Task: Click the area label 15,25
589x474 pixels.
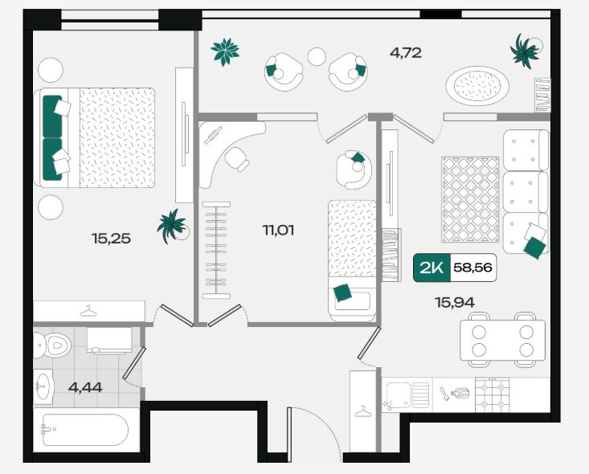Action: [x=111, y=238]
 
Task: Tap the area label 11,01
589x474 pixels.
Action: [x=278, y=230]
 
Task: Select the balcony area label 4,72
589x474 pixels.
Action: [x=406, y=52]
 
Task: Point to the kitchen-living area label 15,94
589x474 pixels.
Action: [x=455, y=302]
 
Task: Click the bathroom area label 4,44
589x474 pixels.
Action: [x=85, y=387]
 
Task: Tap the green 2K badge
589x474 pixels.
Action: [x=432, y=268]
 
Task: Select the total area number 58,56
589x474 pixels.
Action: [x=473, y=268]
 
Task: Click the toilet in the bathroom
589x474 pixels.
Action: [x=52, y=345]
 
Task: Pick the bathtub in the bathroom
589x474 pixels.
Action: [x=86, y=430]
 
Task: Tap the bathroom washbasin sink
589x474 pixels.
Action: [x=43, y=386]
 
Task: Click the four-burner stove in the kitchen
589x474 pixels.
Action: [x=493, y=394]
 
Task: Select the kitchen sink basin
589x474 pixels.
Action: [x=398, y=394]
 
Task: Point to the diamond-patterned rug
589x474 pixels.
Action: [x=470, y=199]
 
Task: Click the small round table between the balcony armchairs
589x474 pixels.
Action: [x=317, y=57]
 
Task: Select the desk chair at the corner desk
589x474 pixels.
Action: [x=237, y=159]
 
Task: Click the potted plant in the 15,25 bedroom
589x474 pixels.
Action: [x=173, y=227]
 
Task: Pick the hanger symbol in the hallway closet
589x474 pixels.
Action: [x=363, y=411]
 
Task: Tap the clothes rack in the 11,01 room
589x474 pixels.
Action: [x=216, y=251]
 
